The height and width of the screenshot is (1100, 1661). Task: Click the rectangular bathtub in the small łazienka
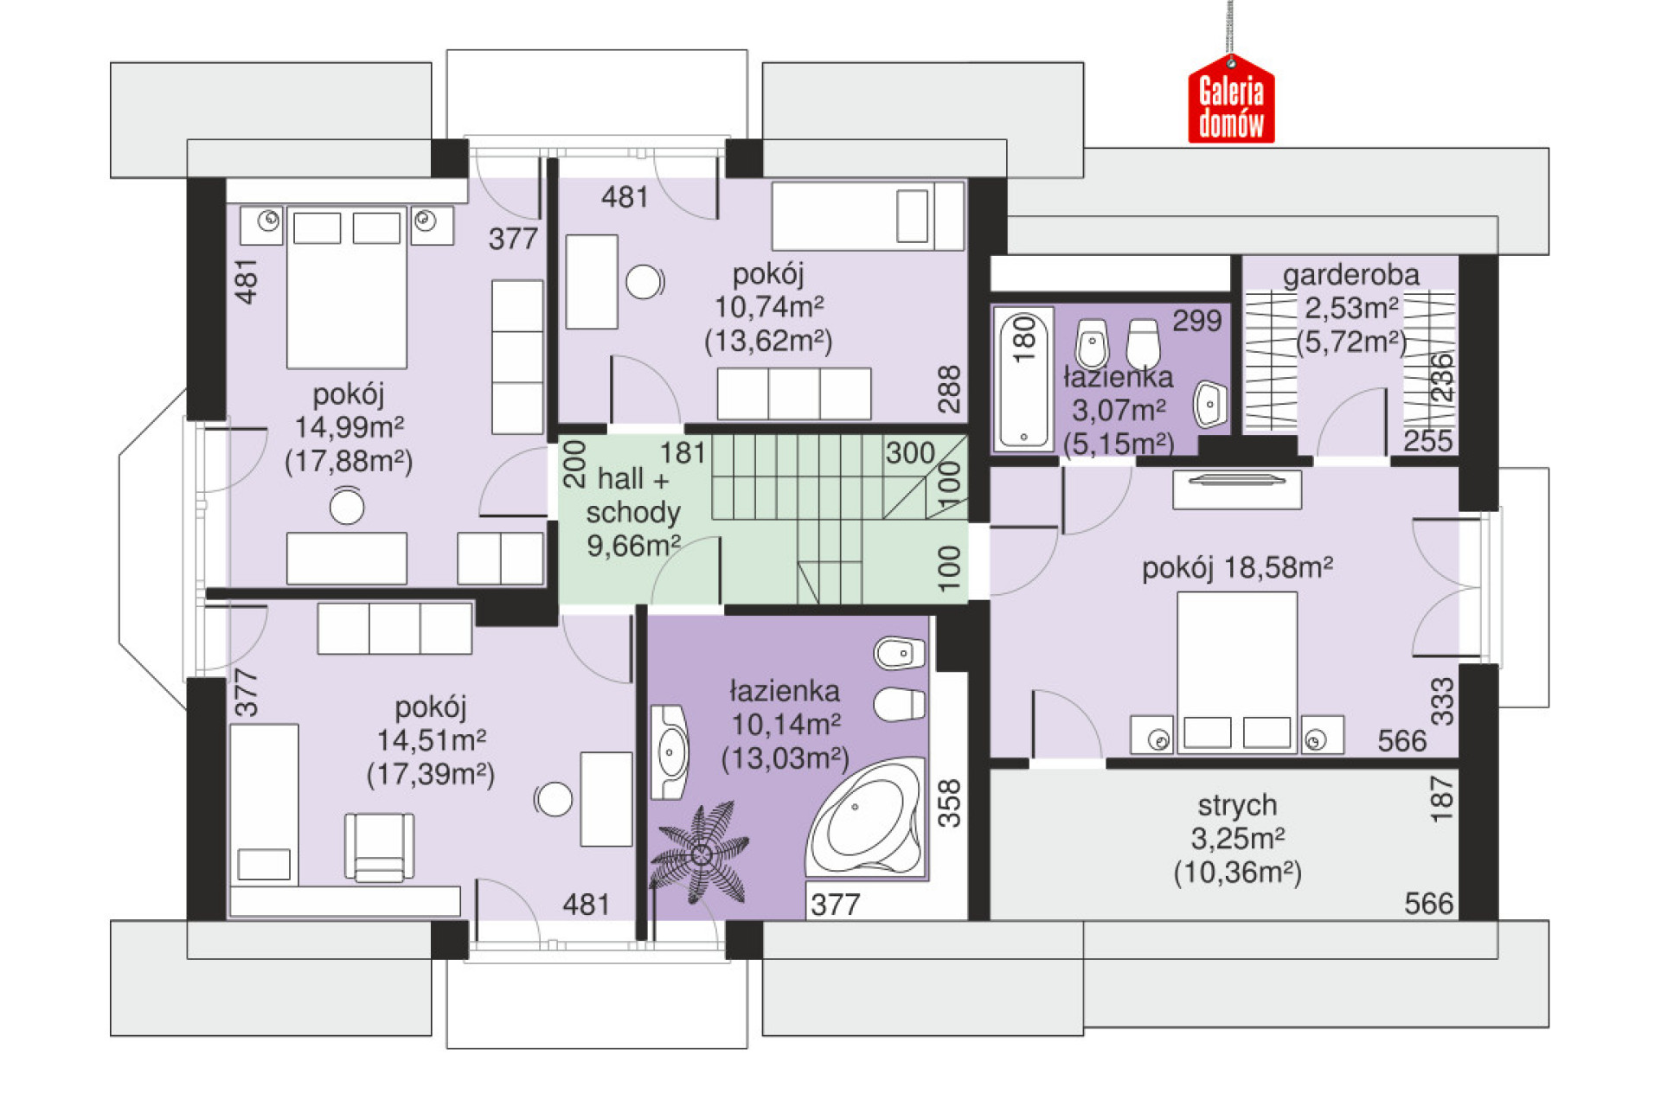tap(1023, 379)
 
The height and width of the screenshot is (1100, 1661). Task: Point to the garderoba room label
tap(1350, 275)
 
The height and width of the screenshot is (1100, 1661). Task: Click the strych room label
tap(1237, 805)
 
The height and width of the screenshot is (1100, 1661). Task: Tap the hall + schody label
tap(632, 496)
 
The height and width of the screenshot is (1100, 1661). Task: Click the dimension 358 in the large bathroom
tap(949, 803)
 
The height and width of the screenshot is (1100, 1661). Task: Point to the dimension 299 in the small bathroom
tap(1197, 321)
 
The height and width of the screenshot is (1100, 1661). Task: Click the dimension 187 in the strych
tap(1441, 798)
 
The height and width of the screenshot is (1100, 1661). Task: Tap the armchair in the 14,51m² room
tap(379, 847)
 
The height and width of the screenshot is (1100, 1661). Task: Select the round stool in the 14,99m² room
tap(347, 507)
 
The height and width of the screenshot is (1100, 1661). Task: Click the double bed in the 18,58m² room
tap(1237, 672)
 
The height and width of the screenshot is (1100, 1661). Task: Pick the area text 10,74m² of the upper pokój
tap(768, 307)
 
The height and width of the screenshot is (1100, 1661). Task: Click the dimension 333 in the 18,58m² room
tap(1442, 701)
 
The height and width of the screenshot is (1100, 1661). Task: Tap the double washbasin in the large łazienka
tap(670, 752)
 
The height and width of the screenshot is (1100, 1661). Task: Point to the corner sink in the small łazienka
tap(1209, 404)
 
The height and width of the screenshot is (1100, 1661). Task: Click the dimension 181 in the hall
tap(683, 453)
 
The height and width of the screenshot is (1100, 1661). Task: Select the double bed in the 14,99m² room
tap(347, 287)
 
